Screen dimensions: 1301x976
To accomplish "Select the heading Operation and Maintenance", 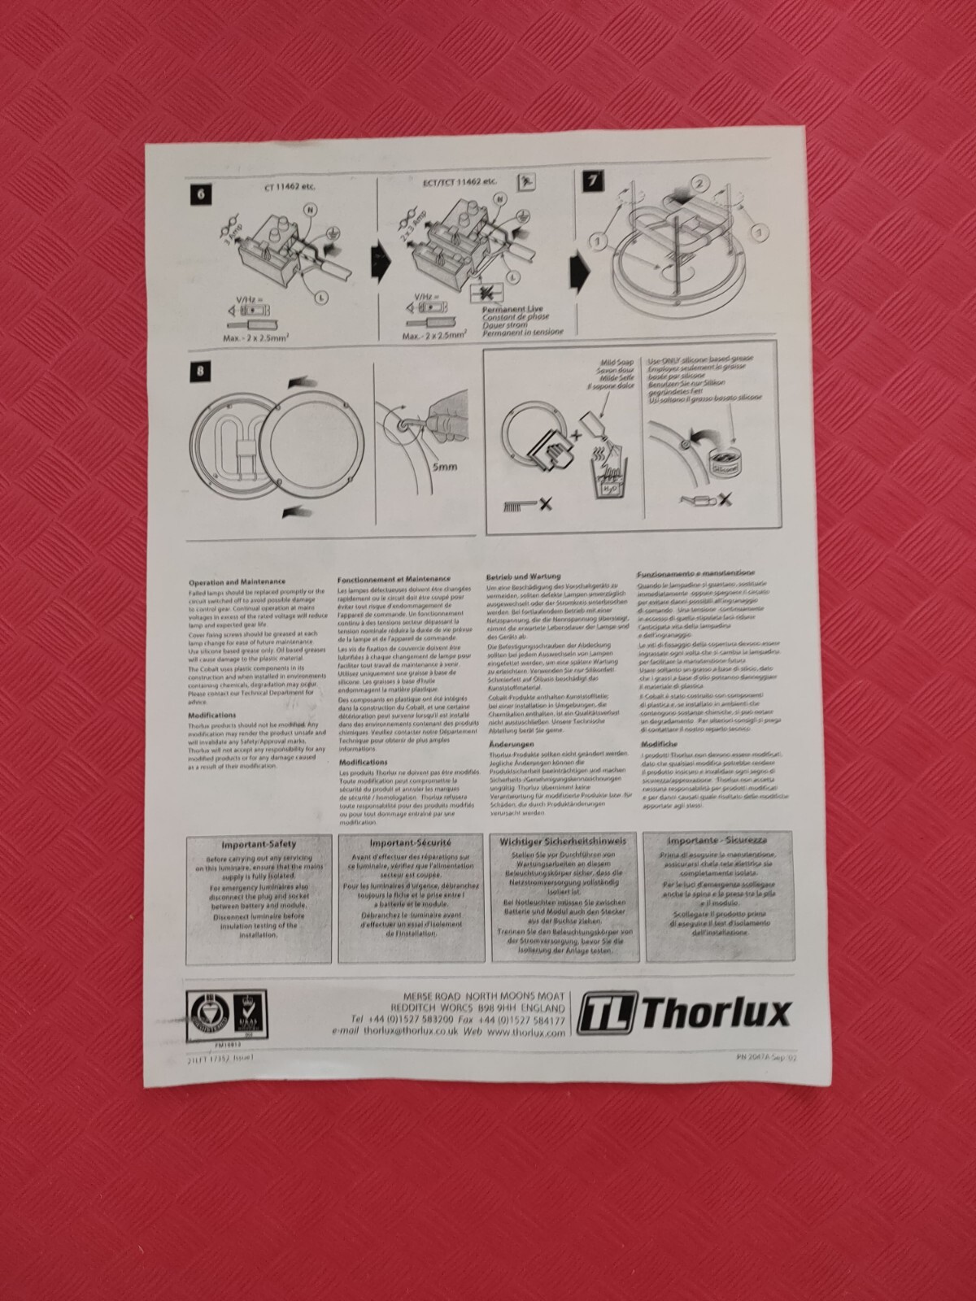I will pos(237,581).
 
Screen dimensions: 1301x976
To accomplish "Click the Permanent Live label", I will pos(511,311).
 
